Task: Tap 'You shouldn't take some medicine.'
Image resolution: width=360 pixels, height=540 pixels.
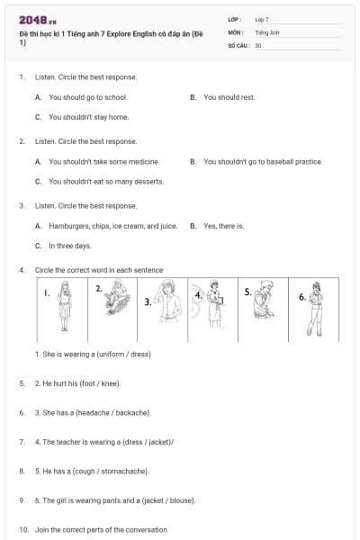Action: pyautogui.click(x=103, y=162)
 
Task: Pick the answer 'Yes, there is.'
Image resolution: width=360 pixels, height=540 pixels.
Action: pyautogui.click(x=223, y=226)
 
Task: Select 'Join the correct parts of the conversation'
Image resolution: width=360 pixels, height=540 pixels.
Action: pyautogui.click(x=101, y=530)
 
